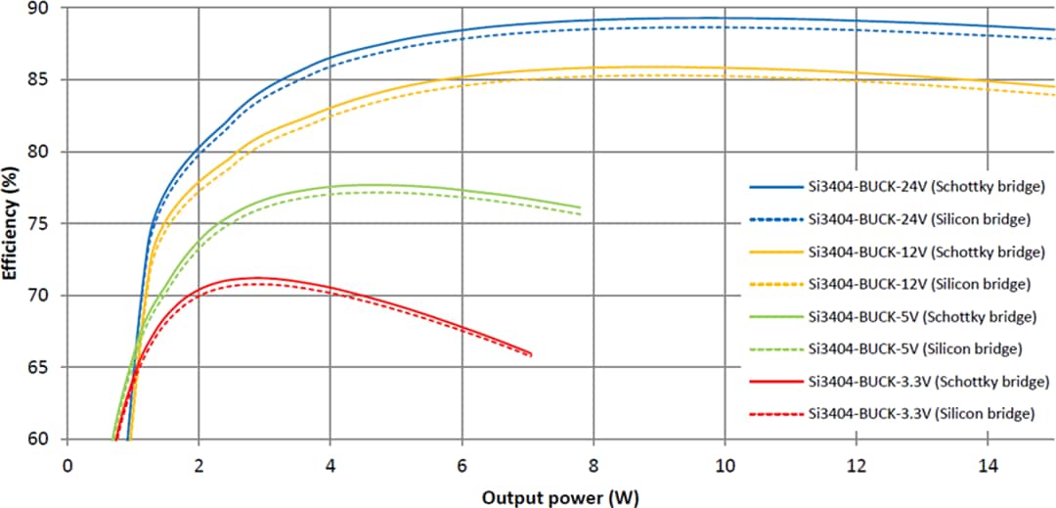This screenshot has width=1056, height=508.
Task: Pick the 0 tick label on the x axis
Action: click(67, 465)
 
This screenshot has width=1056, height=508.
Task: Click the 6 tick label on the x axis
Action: click(462, 465)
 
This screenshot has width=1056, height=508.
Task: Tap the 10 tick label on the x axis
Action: click(725, 465)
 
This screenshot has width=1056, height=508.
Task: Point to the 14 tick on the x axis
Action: click(988, 465)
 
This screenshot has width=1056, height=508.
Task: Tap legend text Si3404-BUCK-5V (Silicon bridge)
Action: click(916, 348)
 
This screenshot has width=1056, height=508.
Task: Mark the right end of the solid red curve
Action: click(532, 353)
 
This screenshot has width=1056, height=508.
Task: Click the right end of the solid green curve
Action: click(581, 208)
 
